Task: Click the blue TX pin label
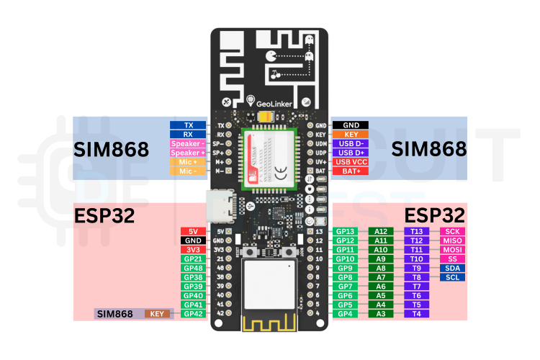(189, 125)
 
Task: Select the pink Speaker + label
(189, 153)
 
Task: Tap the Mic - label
(189, 171)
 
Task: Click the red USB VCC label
(351, 162)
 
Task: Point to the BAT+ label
(351, 171)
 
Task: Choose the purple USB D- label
(351, 143)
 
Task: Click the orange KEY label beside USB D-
(351, 134)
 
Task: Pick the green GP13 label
(346, 231)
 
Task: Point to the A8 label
(381, 268)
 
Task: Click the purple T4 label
(416, 314)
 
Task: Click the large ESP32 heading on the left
(105, 216)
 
